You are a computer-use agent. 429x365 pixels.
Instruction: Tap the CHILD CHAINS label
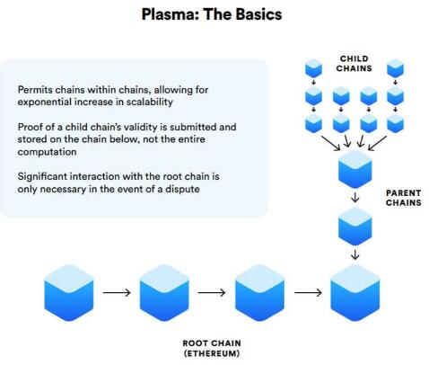pos(355,64)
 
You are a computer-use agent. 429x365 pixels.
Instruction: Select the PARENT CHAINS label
pos(403,198)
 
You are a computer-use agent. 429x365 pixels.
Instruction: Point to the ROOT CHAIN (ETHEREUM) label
pos(212,348)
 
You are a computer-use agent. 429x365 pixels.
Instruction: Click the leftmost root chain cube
pos(69,292)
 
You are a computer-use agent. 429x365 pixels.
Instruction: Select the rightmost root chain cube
pos(355,292)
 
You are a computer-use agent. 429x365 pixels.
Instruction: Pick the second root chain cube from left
pos(164,292)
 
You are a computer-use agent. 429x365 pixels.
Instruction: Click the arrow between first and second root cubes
pos(117,292)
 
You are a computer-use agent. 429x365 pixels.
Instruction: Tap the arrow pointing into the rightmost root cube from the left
pos(308,292)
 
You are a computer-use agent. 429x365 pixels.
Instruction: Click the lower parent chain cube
pos(355,227)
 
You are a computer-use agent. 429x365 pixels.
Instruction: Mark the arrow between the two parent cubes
pos(355,197)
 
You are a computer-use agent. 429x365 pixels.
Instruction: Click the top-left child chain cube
pos(313,68)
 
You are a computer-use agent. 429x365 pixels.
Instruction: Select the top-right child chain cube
pos(395,68)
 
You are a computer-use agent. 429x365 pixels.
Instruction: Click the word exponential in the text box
pos(44,102)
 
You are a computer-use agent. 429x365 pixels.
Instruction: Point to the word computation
pos(47,152)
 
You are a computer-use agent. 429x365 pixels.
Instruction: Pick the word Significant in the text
pos(42,176)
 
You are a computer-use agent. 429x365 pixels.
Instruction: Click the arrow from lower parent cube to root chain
pos(355,254)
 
